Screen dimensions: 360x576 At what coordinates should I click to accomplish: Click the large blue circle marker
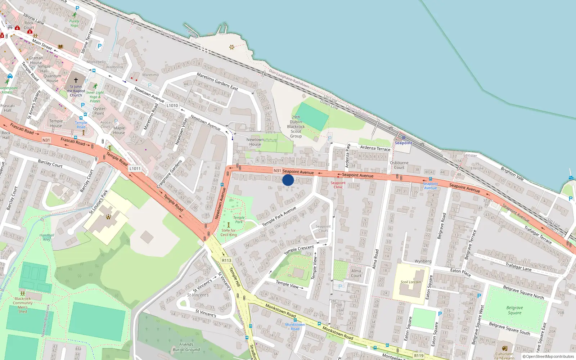click(288, 180)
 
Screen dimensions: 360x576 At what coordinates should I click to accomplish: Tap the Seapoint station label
click(403, 143)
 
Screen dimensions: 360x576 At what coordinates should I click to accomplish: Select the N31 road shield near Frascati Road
click(46, 140)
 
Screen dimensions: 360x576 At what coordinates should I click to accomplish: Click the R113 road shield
click(226, 260)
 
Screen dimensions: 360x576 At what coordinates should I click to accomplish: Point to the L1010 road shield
click(172, 105)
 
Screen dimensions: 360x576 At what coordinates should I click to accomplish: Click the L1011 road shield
click(135, 168)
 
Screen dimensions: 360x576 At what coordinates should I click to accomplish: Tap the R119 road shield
click(419, 356)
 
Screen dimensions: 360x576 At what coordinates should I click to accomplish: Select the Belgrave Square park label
click(514, 310)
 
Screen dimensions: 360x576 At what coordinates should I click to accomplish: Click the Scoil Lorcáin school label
click(411, 282)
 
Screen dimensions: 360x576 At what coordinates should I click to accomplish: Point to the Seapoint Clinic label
click(338, 185)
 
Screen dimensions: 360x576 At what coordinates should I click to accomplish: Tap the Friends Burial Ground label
click(186, 347)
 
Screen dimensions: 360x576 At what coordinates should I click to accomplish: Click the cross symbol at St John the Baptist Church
click(76, 80)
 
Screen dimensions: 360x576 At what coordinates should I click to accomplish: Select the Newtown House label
click(255, 142)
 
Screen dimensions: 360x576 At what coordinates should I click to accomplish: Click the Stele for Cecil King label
click(229, 233)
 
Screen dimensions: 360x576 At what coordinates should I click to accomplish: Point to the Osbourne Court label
click(399, 165)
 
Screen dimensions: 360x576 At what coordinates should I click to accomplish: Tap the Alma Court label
click(356, 273)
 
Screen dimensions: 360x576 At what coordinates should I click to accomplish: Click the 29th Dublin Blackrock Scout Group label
click(296, 126)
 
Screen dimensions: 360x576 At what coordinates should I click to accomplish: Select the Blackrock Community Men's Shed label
click(23, 305)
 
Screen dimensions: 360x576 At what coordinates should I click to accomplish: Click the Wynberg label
click(423, 261)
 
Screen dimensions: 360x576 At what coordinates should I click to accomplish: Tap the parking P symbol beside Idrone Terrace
click(100, 46)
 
